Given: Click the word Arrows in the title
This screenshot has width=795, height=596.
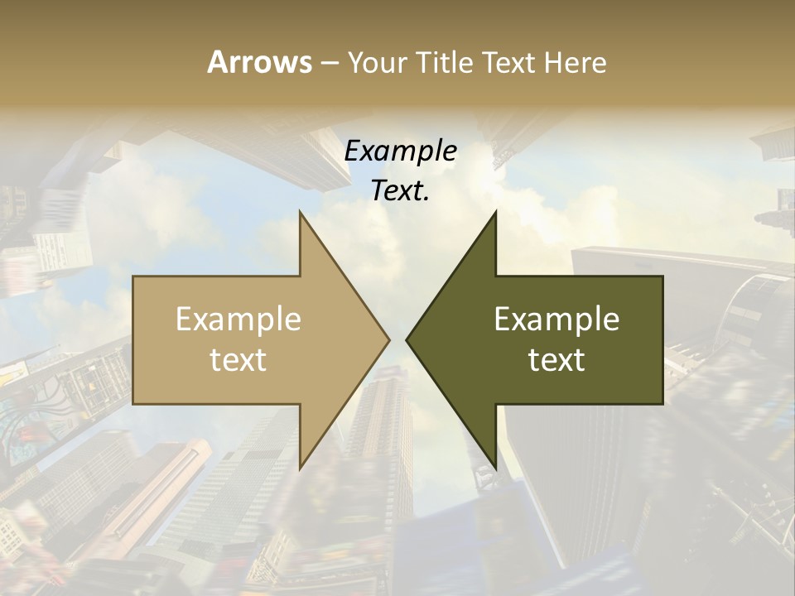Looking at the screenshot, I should [259, 62].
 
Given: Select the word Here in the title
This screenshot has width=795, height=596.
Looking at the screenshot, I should [577, 62].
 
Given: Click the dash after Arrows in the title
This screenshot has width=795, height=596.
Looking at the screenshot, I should [329, 63].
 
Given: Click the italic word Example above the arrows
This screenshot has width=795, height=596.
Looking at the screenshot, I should [401, 151].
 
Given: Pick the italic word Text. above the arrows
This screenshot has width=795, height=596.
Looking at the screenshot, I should [401, 190].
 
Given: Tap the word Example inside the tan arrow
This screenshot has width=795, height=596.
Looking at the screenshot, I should [238, 319].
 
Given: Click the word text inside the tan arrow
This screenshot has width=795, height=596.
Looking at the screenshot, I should [238, 359].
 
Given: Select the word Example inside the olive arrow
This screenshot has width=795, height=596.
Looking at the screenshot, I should [556, 319].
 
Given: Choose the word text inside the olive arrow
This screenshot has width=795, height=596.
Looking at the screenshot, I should [556, 359].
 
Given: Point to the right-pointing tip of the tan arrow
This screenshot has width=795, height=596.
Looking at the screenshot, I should [388, 339].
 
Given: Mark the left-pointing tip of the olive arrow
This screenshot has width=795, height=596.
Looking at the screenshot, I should [407, 339].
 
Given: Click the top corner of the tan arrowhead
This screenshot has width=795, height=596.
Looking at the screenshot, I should [301, 213].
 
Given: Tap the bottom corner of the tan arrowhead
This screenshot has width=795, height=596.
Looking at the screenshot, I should [301, 468].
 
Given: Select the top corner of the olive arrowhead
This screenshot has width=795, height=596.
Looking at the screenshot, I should [495, 213].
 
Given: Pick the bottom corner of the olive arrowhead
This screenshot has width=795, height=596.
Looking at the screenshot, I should [495, 468].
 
